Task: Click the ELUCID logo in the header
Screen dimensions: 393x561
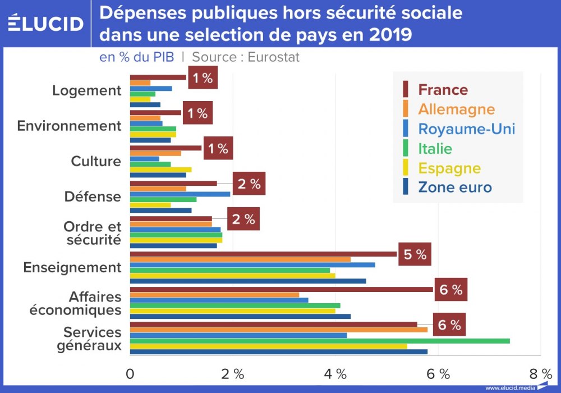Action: tap(45, 24)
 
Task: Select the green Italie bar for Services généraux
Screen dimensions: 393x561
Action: tap(320, 341)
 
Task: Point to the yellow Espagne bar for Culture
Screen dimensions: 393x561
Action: tap(160, 170)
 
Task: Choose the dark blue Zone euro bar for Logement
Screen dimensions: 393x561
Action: tap(145, 105)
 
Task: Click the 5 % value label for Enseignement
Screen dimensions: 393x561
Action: tap(415, 255)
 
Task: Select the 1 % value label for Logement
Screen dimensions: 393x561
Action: tap(202, 78)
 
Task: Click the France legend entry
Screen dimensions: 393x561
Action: tap(443, 90)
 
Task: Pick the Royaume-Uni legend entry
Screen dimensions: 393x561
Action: tap(466, 129)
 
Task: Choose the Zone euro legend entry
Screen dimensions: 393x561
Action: tap(454, 188)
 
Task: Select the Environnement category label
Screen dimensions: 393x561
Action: tap(69, 126)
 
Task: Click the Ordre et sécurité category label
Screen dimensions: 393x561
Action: tap(92, 233)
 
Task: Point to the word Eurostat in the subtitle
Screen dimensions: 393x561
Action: tap(274, 57)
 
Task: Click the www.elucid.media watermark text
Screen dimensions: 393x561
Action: tap(509, 388)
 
